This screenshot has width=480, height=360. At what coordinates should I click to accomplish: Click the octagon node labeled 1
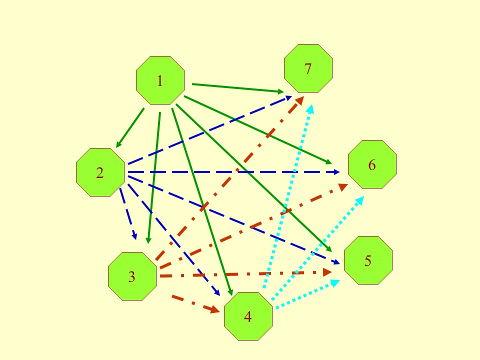(x=160, y=80)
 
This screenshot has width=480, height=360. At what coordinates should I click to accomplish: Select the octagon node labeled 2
(x=100, y=172)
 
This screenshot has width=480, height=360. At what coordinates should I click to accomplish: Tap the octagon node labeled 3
(x=132, y=276)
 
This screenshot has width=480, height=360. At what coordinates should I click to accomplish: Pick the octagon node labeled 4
(x=248, y=316)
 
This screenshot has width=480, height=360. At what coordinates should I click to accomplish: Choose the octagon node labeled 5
(x=368, y=260)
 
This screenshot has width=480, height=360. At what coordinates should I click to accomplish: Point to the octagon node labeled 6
(x=372, y=164)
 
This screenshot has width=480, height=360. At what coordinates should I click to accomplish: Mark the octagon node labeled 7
(x=308, y=68)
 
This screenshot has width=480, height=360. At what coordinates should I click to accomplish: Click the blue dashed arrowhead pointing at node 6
(x=336, y=172)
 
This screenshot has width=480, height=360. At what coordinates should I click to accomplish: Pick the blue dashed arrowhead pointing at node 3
(x=134, y=236)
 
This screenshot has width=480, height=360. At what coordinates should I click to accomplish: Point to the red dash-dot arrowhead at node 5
(x=327, y=272)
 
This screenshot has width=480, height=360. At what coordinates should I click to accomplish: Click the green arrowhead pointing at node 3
(x=148, y=240)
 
